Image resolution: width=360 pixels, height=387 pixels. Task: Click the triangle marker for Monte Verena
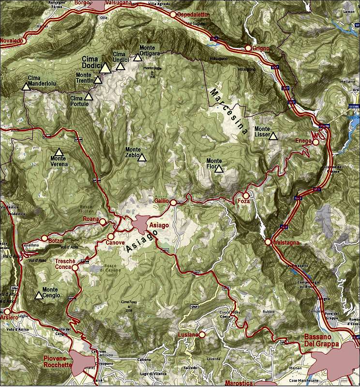click(x=59, y=152)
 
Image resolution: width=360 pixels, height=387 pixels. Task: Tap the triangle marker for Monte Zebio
click(x=142, y=157)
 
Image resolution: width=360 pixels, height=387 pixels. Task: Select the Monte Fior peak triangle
click(x=219, y=169)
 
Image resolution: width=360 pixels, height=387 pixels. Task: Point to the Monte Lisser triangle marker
click(x=273, y=136)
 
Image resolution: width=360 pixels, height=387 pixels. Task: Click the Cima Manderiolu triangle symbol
click(x=26, y=87)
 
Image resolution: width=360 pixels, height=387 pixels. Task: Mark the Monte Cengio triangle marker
click(x=39, y=295)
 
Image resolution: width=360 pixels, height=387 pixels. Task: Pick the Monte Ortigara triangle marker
click(x=137, y=58)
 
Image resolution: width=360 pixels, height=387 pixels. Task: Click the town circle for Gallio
click(x=173, y=202)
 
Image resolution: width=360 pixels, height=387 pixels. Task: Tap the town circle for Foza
click(x=246, y=195)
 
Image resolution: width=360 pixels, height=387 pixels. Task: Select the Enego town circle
click(x=315, y=142)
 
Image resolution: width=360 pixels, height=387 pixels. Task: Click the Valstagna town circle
click(x=268, y=242)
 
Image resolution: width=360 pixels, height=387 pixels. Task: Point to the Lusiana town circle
click(x=202, y=334)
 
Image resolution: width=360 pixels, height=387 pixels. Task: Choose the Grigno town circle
click(x=248, y=48)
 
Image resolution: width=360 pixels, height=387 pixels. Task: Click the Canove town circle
click(x=111, y=236)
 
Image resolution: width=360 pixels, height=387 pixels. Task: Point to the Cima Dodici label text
click(x=92, y=62)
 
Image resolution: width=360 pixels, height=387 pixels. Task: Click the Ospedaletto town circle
click(x=173, y=15)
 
